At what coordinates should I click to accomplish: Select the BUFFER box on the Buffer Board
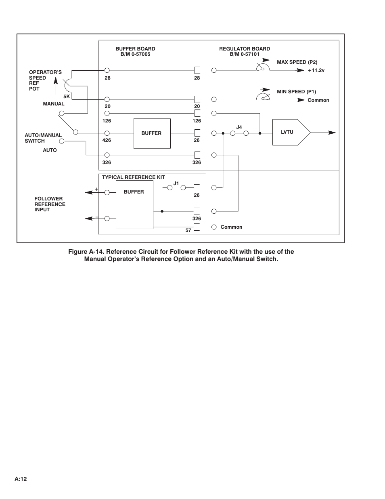click(152, 133)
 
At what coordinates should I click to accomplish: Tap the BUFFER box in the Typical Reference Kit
click(134, 204)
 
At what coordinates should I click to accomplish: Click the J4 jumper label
click(239, 127)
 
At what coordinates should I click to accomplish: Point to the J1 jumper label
click(176, 183)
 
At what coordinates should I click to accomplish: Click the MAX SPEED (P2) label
click(297, 62)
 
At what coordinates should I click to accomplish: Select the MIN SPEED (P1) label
click(296, 92)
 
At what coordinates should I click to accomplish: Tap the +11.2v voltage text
click(316, 70)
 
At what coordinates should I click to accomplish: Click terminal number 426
click(107, 140)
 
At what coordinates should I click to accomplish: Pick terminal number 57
click(188, 230)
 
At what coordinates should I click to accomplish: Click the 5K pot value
click(67, 97)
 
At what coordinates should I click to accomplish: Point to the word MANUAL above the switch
click(54, 104)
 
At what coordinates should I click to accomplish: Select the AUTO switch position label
click(50, 150)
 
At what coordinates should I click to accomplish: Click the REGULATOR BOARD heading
click(245, 49)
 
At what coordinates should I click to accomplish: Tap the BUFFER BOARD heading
click(135, 49)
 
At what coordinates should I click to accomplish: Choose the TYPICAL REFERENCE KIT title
click(134, 177)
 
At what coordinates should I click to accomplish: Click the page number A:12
click(21, 479)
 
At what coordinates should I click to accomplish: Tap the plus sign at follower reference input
click(96, 189)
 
